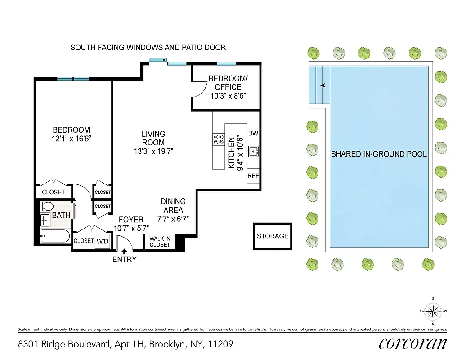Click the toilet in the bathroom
[x=46, y=207]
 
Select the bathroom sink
[x=45, y=220]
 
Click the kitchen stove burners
[x=219, y=139]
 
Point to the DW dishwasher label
[x=253, y=134]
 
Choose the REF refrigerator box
[x=253, y=176]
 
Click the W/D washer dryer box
[x=103, y=241]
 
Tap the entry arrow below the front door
[x=124, y=252]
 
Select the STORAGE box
[x=273, y=236]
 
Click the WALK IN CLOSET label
[x=160, y=242]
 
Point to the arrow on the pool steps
[x=323, y=85]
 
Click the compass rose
[x=433, y=311]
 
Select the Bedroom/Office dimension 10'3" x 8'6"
[x=229, y=95]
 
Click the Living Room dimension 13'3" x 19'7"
[x=153, y=151]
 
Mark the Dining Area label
[x=173, y=206]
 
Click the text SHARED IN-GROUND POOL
[x=379, y=154]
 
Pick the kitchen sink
[x=253, y=151]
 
